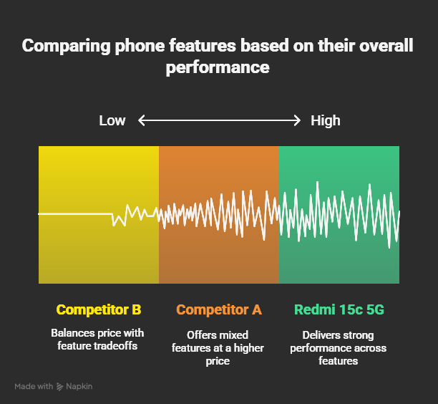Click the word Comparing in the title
click(63, 47)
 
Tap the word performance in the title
click(218, 68)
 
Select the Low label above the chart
click(112, 120)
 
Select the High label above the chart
click(326, 120)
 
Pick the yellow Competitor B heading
click(99, 310)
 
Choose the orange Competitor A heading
click(219, 310)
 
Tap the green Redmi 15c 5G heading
click(339, 310)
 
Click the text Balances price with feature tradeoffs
click(97, 340)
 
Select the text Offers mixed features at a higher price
click(218, 348)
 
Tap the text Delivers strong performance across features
click(339, 348)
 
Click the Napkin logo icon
click(60, 387)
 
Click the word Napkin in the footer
click(79, 387)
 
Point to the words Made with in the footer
click(34, 387)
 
